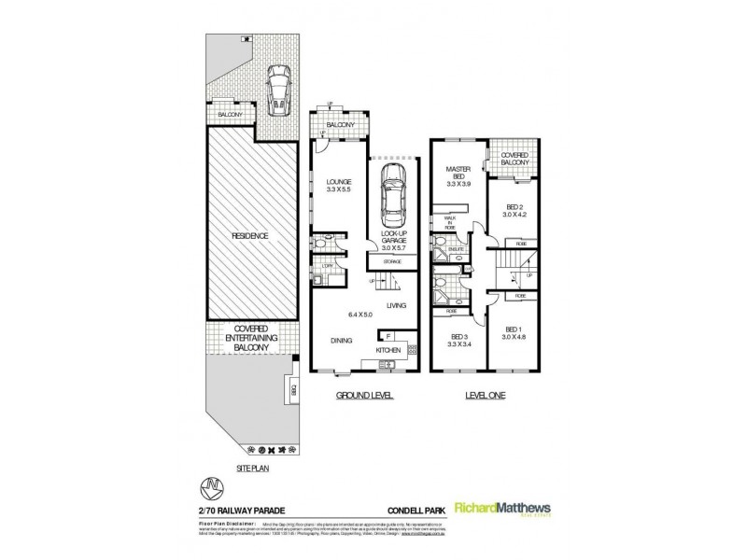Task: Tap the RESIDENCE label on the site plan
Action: coord(250,236)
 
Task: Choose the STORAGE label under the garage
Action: coord(392,263)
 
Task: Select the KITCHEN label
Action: coord(389,350)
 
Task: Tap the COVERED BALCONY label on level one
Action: coord(514,159)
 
